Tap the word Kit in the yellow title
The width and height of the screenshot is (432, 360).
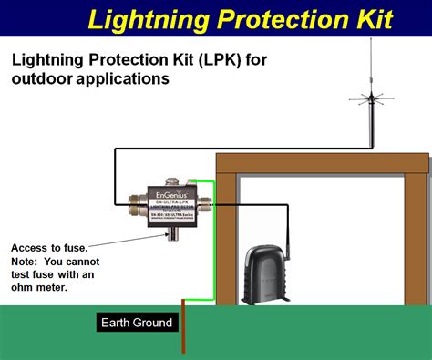pyautogui.click(x=372, y=17)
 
